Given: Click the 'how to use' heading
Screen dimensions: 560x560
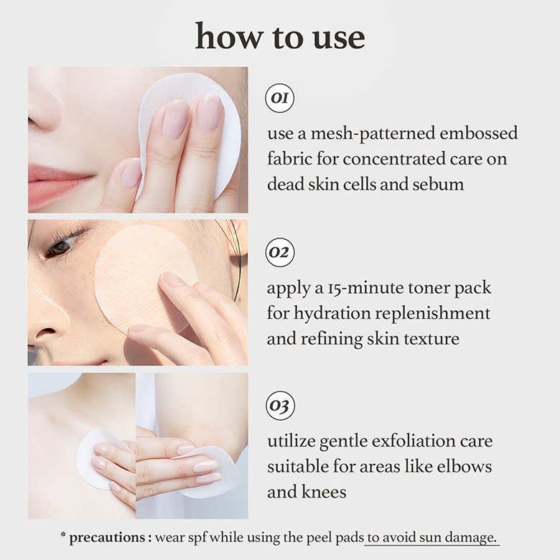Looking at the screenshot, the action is coord(280,36).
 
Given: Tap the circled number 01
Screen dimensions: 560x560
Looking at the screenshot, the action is coord(280,98).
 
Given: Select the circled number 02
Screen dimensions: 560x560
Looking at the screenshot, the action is coord(280,253).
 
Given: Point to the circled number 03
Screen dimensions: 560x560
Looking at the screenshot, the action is coord(280,406).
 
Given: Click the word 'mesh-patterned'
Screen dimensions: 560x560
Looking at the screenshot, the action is coord(373,134).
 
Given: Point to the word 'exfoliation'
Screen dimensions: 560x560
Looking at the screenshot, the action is coord(414,441).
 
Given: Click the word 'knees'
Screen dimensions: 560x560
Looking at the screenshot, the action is coord(324,492).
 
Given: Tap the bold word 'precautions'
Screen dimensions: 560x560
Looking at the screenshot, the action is coord(107,538).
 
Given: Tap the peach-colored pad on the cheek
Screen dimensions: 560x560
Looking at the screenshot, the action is coord(144,277).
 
